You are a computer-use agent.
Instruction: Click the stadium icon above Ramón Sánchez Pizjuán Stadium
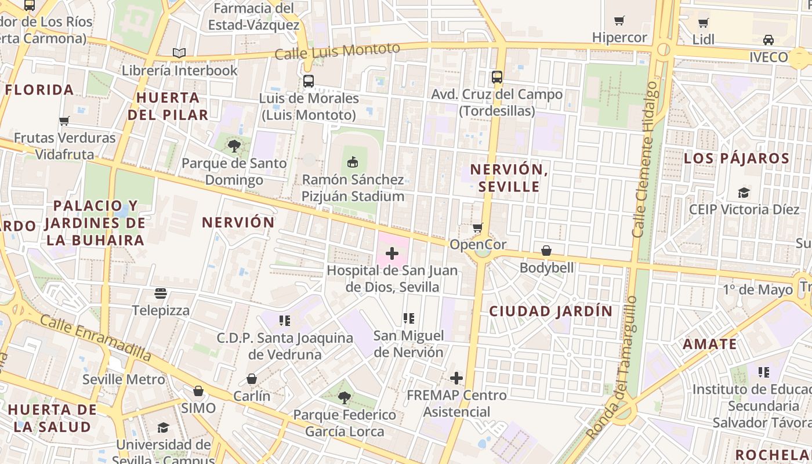pos(352,162)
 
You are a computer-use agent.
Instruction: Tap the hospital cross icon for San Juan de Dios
pos(392,253)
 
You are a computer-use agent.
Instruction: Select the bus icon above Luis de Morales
pos(309,81)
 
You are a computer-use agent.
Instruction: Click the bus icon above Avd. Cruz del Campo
pos(497,77)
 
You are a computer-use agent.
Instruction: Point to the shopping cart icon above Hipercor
pos(619,21)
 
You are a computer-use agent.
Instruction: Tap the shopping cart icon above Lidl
pos(704,23)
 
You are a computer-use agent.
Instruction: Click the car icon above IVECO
pos(768,40)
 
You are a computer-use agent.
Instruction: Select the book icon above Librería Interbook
pos(179,53)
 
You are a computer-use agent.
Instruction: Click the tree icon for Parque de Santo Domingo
pos(234,146)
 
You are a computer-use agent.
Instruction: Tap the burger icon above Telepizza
pos(161,293)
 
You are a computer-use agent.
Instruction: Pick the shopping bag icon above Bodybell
pos(546,251)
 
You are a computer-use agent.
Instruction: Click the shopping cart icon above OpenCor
pos(478,227)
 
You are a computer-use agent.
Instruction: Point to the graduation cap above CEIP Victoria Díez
pos(744,193)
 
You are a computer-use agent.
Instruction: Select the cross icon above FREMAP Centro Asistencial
pos(456,378)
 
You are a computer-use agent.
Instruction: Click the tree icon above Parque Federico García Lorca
pos(345,398)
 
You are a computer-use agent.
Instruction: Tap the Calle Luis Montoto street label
pos(337,52)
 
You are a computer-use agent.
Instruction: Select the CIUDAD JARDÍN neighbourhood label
pos(551,311)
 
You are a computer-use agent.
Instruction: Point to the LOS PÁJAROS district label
pos(737,158)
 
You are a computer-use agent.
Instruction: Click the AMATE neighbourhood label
pos(710,344)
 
